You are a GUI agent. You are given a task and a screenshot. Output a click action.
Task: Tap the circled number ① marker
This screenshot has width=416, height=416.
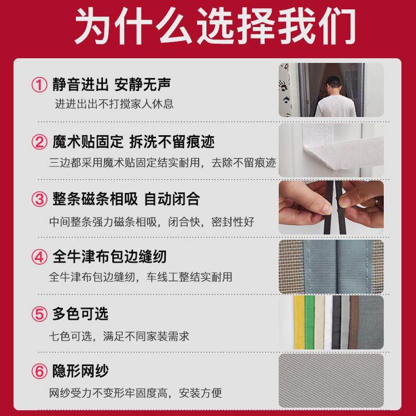(39, 84)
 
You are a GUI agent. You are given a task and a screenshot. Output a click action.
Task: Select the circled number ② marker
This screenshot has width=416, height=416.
(39, 141)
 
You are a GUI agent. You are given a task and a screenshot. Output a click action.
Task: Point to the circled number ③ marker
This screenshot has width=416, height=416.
(39, 199)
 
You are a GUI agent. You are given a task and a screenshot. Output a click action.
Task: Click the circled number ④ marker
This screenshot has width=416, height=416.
(39, 257)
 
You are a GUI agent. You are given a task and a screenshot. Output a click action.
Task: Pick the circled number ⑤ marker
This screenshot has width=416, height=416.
(39, 314)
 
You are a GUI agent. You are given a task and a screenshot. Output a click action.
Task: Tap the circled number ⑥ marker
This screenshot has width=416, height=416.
(39, 372)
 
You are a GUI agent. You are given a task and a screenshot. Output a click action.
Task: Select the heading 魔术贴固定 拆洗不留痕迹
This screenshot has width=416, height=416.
(133, 141)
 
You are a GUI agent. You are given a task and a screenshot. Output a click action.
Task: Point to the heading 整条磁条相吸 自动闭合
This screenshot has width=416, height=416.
(126, 199)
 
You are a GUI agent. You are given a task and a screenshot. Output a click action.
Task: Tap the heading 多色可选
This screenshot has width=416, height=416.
(81, 314)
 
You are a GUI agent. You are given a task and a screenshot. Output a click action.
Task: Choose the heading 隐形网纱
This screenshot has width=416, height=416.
(81, 372)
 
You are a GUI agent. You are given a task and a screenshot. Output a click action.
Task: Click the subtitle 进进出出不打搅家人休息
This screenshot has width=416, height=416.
(114, 103)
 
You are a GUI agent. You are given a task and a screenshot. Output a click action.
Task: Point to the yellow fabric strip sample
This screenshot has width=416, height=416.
(298, 322)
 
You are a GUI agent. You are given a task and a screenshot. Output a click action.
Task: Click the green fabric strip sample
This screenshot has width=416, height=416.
(310, 322)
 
